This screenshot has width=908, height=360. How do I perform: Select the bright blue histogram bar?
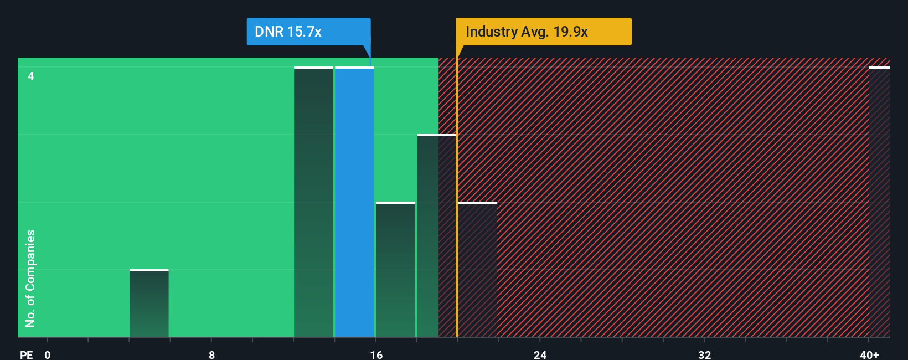coord(354,202)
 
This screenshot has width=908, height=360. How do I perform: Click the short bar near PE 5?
coord(149,304)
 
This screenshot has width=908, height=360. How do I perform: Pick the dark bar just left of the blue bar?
coord(313,202)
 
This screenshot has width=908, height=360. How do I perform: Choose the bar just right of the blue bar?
coord(395,270)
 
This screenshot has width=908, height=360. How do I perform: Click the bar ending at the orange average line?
coord(436,236)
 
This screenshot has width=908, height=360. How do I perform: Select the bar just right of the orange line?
coord(478,270)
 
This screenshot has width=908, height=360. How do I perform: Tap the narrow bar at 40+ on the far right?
coord(879,202)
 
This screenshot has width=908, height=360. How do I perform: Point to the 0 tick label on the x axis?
coord(48,354)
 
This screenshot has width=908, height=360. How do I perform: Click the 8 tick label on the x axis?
coord(211,354)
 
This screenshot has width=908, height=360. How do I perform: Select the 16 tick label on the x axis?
coord(376,354)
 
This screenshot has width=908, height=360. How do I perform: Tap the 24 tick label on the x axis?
coord(540,354)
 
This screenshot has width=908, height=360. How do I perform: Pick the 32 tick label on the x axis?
coord(704,354)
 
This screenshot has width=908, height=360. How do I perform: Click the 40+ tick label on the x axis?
coord(869,354)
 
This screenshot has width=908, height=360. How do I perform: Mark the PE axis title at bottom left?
coord(26,354)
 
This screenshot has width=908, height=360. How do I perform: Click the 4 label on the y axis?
coord(31,76)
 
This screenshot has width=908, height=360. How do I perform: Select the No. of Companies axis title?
coord(30,278)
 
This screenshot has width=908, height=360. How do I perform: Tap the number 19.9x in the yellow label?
coord(570,32)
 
